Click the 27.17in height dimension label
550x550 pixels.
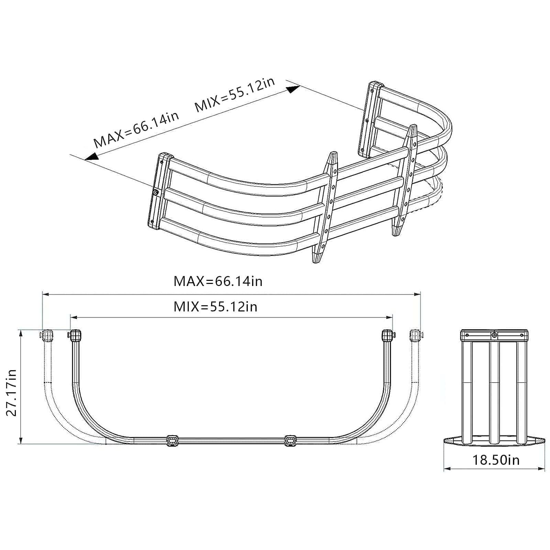click(11, 393)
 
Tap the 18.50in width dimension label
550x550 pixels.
click(495, 460)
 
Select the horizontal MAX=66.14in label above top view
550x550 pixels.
click(218, 281)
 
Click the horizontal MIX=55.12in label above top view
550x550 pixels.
click(215, 306)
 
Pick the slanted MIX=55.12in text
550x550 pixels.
click(235, 95)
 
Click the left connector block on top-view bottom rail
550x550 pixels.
click(172, 440)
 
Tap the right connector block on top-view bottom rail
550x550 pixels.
click(290, 440)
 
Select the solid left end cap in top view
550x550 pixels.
click(76, 335)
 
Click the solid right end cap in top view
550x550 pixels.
click(388, 335)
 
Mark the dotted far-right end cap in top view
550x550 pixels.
click(415, 335)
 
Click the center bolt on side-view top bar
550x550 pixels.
click(494, 335)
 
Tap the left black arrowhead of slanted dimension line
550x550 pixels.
click(91, 157)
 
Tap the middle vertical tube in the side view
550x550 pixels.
click(494, 392)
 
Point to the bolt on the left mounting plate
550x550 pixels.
click(156, 192)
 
